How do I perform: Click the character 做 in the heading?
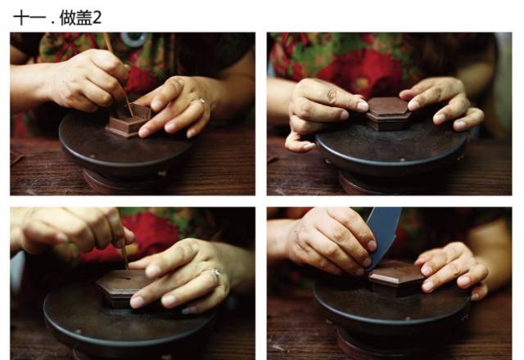pyautogui.click(x=67, y=18)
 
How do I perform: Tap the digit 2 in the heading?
pyautogui.click(x=97, y=18)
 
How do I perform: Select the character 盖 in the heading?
pyautogui.click(x=84, y=18)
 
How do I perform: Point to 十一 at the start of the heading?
pyautogui.click(x=29, y=18)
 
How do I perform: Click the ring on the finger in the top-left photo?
pyautogui.click(x=202, y=101)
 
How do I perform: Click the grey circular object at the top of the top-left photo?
pyautogui.click(x=134, y=38)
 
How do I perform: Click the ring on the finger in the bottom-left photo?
pyautogui.click(x=216, y=273)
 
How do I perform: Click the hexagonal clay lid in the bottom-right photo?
pyautogui.click(x=396, y=278)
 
